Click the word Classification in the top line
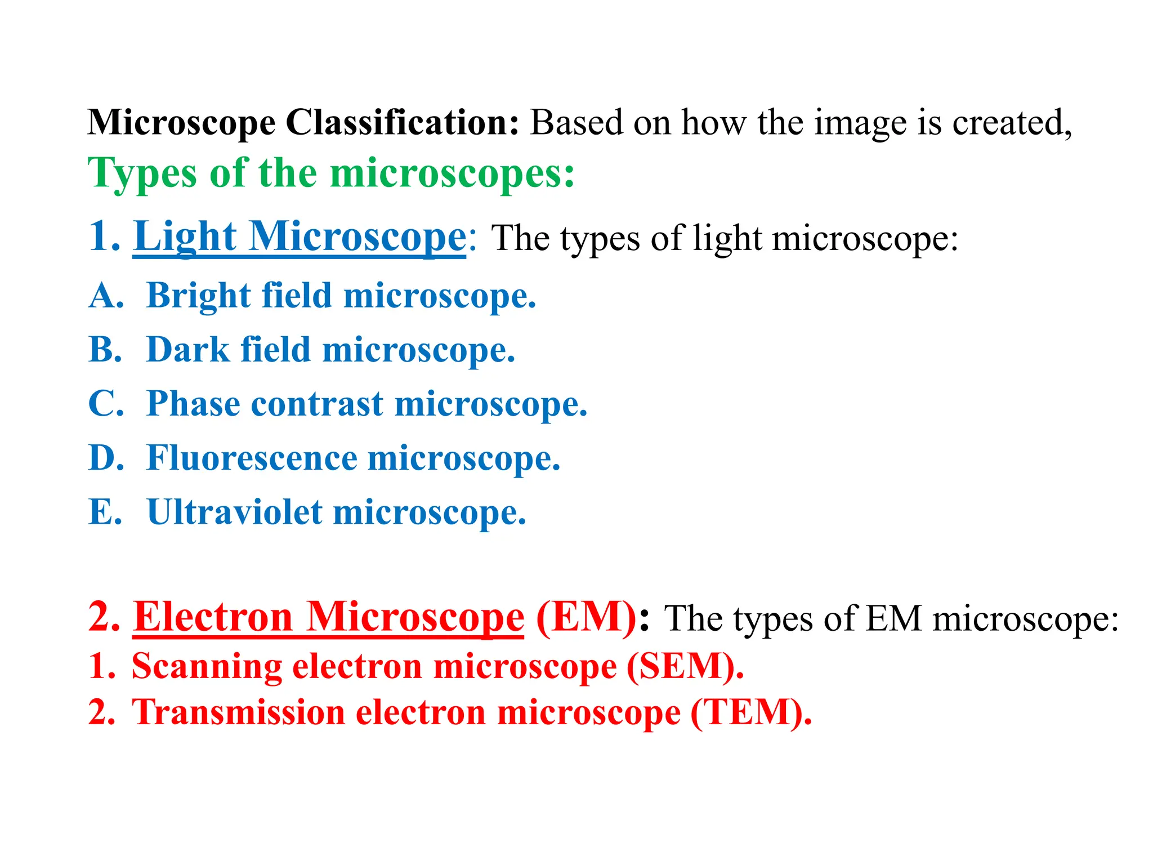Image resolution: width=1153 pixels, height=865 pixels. tap(402, 123)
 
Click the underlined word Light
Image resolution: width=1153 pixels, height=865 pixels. tap(185, 237)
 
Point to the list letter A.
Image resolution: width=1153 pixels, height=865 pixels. tap(105, 296)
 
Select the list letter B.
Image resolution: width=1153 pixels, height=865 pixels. tap(105, 350)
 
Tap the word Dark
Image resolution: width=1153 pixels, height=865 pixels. tap(187, 350)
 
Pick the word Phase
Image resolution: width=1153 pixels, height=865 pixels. tap(193, 404)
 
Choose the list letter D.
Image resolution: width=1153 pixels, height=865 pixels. tap(105, 458)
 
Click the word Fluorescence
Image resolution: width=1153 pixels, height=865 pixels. tap(252, 458)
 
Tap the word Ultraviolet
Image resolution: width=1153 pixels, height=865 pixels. tap(234, 512)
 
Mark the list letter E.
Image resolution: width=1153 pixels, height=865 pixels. tap(105, 512)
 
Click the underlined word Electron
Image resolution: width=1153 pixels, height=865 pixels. tap(213, 617)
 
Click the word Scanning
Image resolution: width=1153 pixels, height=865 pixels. tap(207, 666)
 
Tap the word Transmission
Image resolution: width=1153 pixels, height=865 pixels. tap(238, 712)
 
